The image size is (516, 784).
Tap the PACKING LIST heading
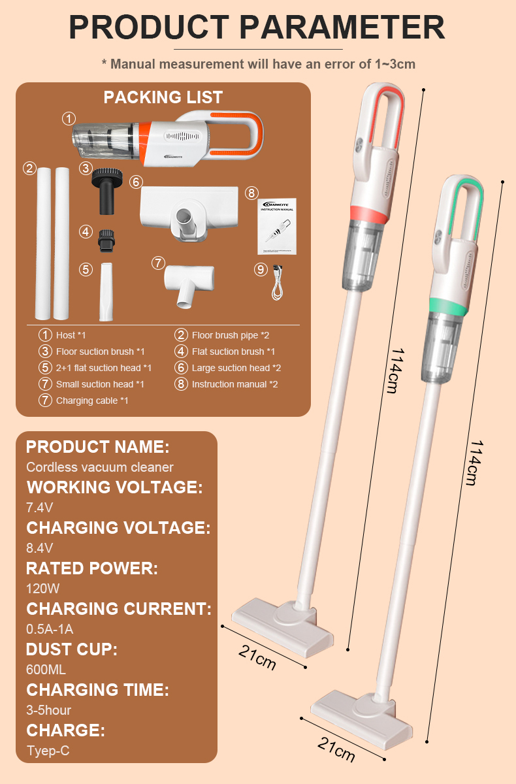coord(163,97)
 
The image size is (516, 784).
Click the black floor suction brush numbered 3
coord(107,191)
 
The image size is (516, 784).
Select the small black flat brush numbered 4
coord(106,241)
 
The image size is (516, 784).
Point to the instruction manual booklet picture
coord(277,226)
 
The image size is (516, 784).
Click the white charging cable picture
coord(278,282)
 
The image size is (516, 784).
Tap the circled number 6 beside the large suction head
coord(136,182)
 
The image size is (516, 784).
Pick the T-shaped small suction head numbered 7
coord(189,286)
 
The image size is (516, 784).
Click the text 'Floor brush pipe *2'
coord(231,335)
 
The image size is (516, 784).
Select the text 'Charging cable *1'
coord(92,400)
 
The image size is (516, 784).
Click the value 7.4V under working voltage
coord(40,508)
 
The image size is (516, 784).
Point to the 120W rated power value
coord(42,589)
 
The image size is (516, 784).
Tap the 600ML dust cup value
coord(46,670)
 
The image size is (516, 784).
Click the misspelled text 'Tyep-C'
coord(48,751)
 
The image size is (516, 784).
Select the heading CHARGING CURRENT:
coord(119,609)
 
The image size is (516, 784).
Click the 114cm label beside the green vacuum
coord(476,463)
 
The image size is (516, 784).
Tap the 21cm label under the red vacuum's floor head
coord(257,657)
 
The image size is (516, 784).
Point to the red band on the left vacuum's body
coord(369,214)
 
